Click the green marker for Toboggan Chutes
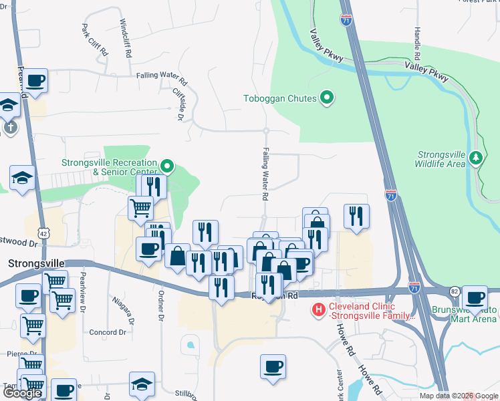327,99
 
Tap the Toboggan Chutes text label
279,100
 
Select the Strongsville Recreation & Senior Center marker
167,166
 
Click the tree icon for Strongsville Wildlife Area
475,158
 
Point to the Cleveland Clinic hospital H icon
320,310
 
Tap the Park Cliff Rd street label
94,40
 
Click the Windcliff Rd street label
126,36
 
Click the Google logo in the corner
22,393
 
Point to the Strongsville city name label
34,263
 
